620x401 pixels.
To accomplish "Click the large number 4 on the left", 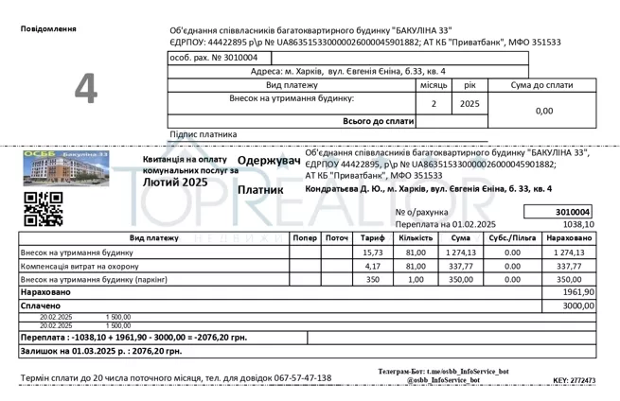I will [86, 88].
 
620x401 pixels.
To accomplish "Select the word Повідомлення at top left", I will [48, 29].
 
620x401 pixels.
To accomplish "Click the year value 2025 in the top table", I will [469, 103].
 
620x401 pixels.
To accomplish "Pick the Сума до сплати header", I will [541, 85].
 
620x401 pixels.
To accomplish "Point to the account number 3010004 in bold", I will [574, 212].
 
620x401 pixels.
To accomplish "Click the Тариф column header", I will [373, 238].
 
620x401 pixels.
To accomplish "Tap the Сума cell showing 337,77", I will [461, 267].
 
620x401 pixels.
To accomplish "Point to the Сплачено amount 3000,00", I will [577, 306].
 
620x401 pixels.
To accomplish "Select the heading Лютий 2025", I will [175, 182].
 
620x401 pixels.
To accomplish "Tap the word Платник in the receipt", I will [260, 189].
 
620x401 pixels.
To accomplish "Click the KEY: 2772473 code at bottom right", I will [574, 381].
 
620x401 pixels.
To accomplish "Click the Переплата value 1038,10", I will [577, 224].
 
